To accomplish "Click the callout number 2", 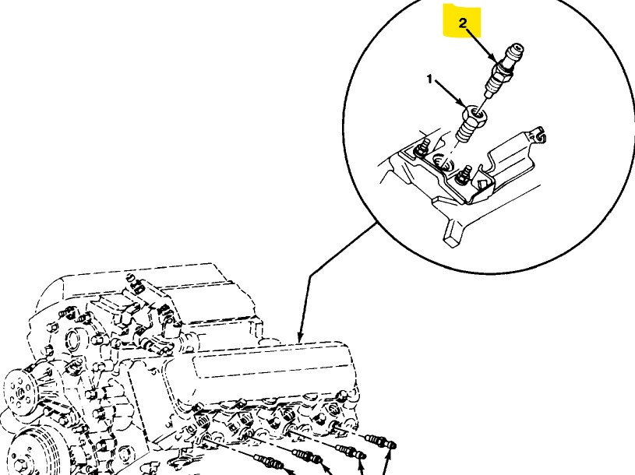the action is tap(463, 23).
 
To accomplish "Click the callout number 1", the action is tap(429, 79).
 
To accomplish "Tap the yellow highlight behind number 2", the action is tap(462, 21).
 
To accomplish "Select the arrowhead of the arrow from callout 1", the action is tap(464, 103).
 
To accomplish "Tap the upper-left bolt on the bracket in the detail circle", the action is tap(420, 149).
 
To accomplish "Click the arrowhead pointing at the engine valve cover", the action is tap(300, 336).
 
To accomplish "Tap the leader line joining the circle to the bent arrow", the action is tap(343, 250).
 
